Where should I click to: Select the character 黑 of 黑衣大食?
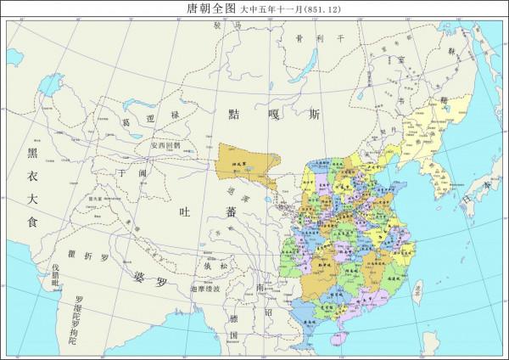31,153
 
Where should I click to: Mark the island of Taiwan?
417,290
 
